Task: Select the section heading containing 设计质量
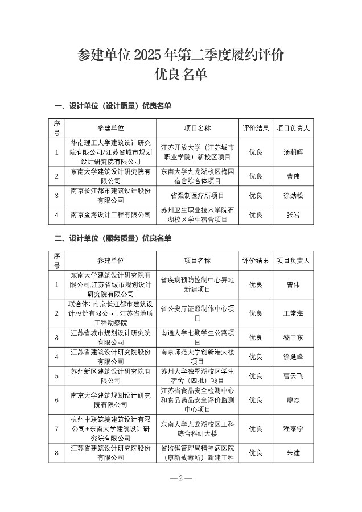113,106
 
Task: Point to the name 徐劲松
293,195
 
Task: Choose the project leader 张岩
293,214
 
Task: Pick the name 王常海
293,313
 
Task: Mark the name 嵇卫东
293,337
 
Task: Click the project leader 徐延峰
293,357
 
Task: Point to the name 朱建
293,452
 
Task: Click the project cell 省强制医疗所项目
197,195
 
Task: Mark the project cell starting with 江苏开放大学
197,152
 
